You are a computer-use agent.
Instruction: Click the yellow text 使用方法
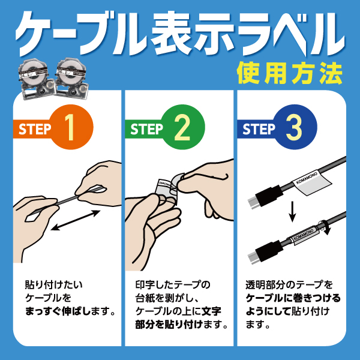pos(289,73)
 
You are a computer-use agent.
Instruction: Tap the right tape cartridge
pos(71,78)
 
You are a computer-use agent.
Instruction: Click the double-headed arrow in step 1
pos(75,220)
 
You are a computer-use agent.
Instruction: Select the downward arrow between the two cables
pos(292,211)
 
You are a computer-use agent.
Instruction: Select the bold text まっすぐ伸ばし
pos(59,311)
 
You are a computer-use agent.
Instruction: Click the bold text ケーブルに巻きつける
pos(293,298)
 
